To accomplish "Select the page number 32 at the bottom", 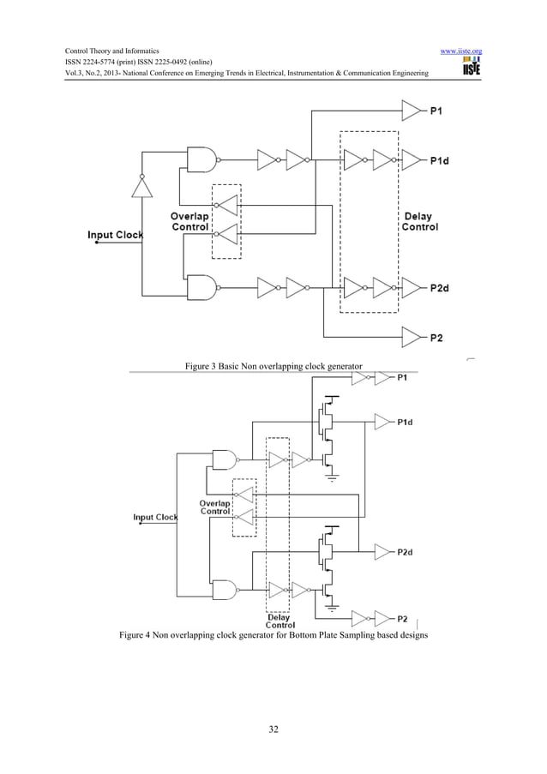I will (x=273, y=729).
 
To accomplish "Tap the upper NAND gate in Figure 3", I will (x=201, y=159).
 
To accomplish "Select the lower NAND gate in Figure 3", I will (x=201, y=286).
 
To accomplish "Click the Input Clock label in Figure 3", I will (x=115, y=235).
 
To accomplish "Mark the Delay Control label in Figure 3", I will (x=419, y=222).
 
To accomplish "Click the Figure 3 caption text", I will (x=273, y=367).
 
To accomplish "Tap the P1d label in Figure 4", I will (x=407, y=421).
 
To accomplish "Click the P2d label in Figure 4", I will (x=407, y=552).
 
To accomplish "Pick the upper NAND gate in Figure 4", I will (x=225, y=459).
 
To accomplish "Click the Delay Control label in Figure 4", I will (x=279, y=621).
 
